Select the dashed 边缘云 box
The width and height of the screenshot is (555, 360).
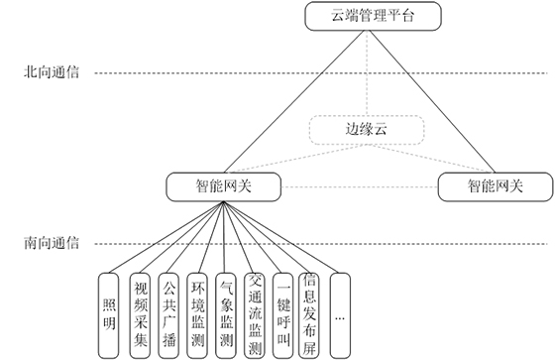tap(367, 130)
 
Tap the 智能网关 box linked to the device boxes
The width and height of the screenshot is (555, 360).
tap(225, 184)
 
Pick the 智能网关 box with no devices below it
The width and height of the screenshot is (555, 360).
tap(495, 184)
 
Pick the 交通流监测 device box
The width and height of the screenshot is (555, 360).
tap(255, 313)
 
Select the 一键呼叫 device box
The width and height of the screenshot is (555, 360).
tap(283, 313)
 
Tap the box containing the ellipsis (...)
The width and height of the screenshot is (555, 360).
tap(340, 313)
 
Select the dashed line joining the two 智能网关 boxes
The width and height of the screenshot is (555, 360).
tap(362, 185)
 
